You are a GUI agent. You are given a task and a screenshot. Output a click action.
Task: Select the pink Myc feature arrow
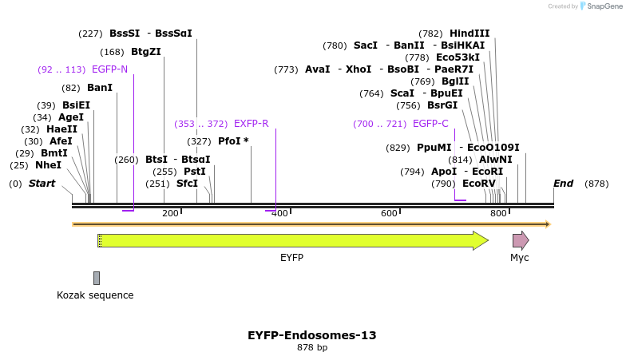[x=521, y=240]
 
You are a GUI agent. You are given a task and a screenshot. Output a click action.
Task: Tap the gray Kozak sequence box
[x=97, y=278]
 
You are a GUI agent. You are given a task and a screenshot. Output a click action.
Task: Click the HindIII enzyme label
[x=469, y=34]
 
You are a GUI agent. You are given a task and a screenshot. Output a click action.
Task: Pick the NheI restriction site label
[x=48, y=165]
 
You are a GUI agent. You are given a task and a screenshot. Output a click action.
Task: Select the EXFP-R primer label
[x=251, y=124]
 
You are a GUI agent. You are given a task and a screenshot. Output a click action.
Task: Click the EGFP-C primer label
[x=430, y=124]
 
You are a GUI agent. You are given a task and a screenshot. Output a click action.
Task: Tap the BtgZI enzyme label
[x=146, y=52]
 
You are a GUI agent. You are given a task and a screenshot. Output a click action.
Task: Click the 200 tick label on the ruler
[x=170, y=214]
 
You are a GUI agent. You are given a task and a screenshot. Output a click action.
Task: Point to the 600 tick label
[x=389, y=214]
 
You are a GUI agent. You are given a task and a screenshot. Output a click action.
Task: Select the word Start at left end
[x=42, y=184]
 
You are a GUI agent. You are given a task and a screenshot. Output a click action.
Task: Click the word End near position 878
[x=563, y=184]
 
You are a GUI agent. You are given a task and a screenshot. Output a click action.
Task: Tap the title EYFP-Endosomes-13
[x=312, y=335]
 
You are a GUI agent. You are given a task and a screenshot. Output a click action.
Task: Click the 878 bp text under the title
[x=312, y=348]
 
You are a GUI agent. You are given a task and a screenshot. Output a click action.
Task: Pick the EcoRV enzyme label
[x=478, y=184]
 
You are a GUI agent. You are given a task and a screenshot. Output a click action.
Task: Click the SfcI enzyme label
[x=187, y=184]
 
